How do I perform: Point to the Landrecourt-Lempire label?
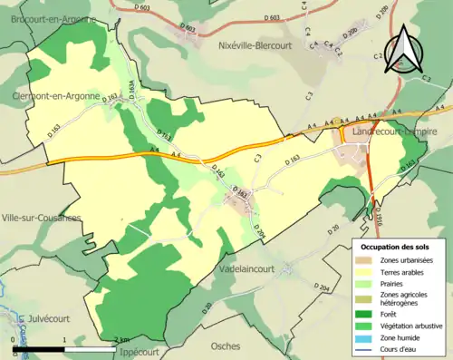pos(394,131)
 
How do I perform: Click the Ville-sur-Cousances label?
pos(42,218)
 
